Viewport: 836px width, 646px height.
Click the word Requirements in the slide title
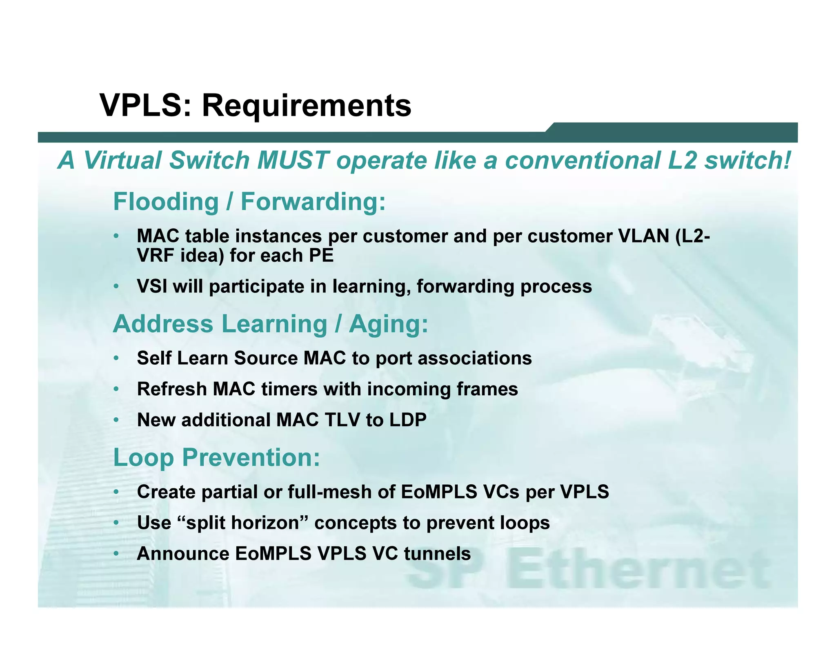point(307,106)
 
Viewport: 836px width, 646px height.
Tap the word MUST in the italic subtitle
point(293,160)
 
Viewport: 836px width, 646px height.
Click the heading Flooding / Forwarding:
point(249,202)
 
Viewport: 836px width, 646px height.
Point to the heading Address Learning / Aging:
point(270,324)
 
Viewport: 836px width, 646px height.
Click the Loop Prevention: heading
point(216,457)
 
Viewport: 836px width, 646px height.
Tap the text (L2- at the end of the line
point(692,236)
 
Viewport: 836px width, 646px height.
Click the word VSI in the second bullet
point(152,286)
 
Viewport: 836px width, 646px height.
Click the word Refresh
point(172,389)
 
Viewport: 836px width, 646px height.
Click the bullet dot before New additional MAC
point(116,420)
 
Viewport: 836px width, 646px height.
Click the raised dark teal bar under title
point(674,132)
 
